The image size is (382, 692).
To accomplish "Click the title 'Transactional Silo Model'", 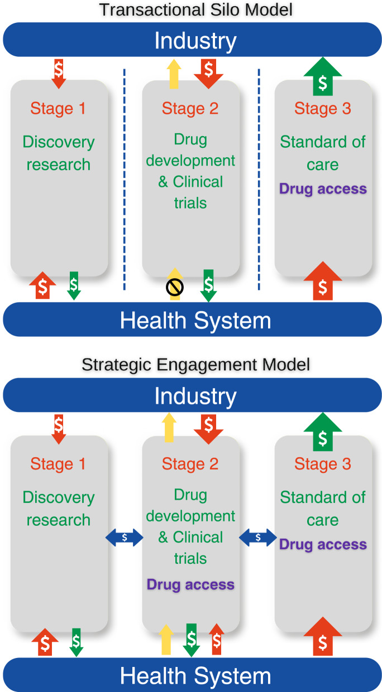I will point(195,9).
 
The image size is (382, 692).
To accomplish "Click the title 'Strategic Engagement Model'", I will point(195,365).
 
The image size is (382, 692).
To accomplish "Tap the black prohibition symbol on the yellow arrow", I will point(175,287).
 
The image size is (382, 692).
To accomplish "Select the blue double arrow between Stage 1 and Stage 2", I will point(125,537).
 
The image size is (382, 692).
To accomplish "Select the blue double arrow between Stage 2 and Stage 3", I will point(257,537).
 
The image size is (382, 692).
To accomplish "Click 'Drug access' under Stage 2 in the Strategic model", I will point(190,584).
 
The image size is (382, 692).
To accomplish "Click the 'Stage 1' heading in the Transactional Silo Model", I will point(58,108).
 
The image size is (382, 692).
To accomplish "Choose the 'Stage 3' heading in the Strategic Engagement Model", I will point(323,464).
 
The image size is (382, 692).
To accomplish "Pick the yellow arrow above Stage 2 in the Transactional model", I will point(175,74).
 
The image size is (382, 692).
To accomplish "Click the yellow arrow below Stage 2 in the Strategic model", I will point(166,640).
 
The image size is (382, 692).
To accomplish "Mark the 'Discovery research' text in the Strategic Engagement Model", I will point(58,509).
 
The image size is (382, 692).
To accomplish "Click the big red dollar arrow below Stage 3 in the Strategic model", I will point(322,638).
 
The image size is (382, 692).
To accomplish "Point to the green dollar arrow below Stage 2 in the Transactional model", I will point(208,285).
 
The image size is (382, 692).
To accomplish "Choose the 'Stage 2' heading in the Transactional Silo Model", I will point(190,108).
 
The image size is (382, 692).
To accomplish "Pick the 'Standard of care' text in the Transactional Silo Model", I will point(323,153).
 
